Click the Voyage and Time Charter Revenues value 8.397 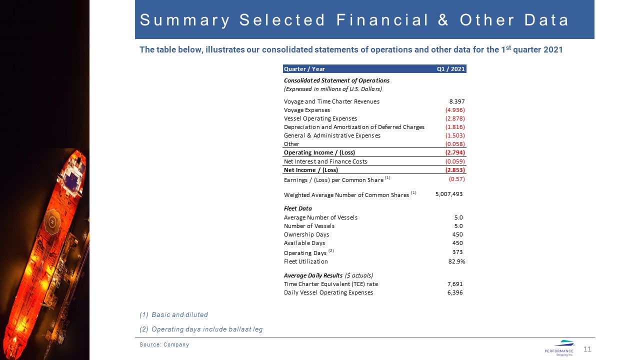tap(457, 101)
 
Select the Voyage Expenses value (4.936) tap(455, 110)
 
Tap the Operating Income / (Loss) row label tap(319, 152)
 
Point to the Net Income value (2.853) tap(455, 170)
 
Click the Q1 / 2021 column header tap(450, 69)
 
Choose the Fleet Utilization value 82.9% tap(456, 261)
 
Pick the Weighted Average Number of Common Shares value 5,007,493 tap(445, 194)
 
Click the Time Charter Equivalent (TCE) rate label tap(330, 284)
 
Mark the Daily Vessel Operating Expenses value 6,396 tap(454, 292)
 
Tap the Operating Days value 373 tap(457, 252)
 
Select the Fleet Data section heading tap(297, 208)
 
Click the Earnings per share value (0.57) tap(456, 179)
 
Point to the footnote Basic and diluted tap(173, 315)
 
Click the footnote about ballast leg tap(201, 329)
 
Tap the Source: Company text tap(164, 344)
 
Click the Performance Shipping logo tap(559, 347)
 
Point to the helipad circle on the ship tap(52, 221)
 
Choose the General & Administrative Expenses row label tap(332, 135)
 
